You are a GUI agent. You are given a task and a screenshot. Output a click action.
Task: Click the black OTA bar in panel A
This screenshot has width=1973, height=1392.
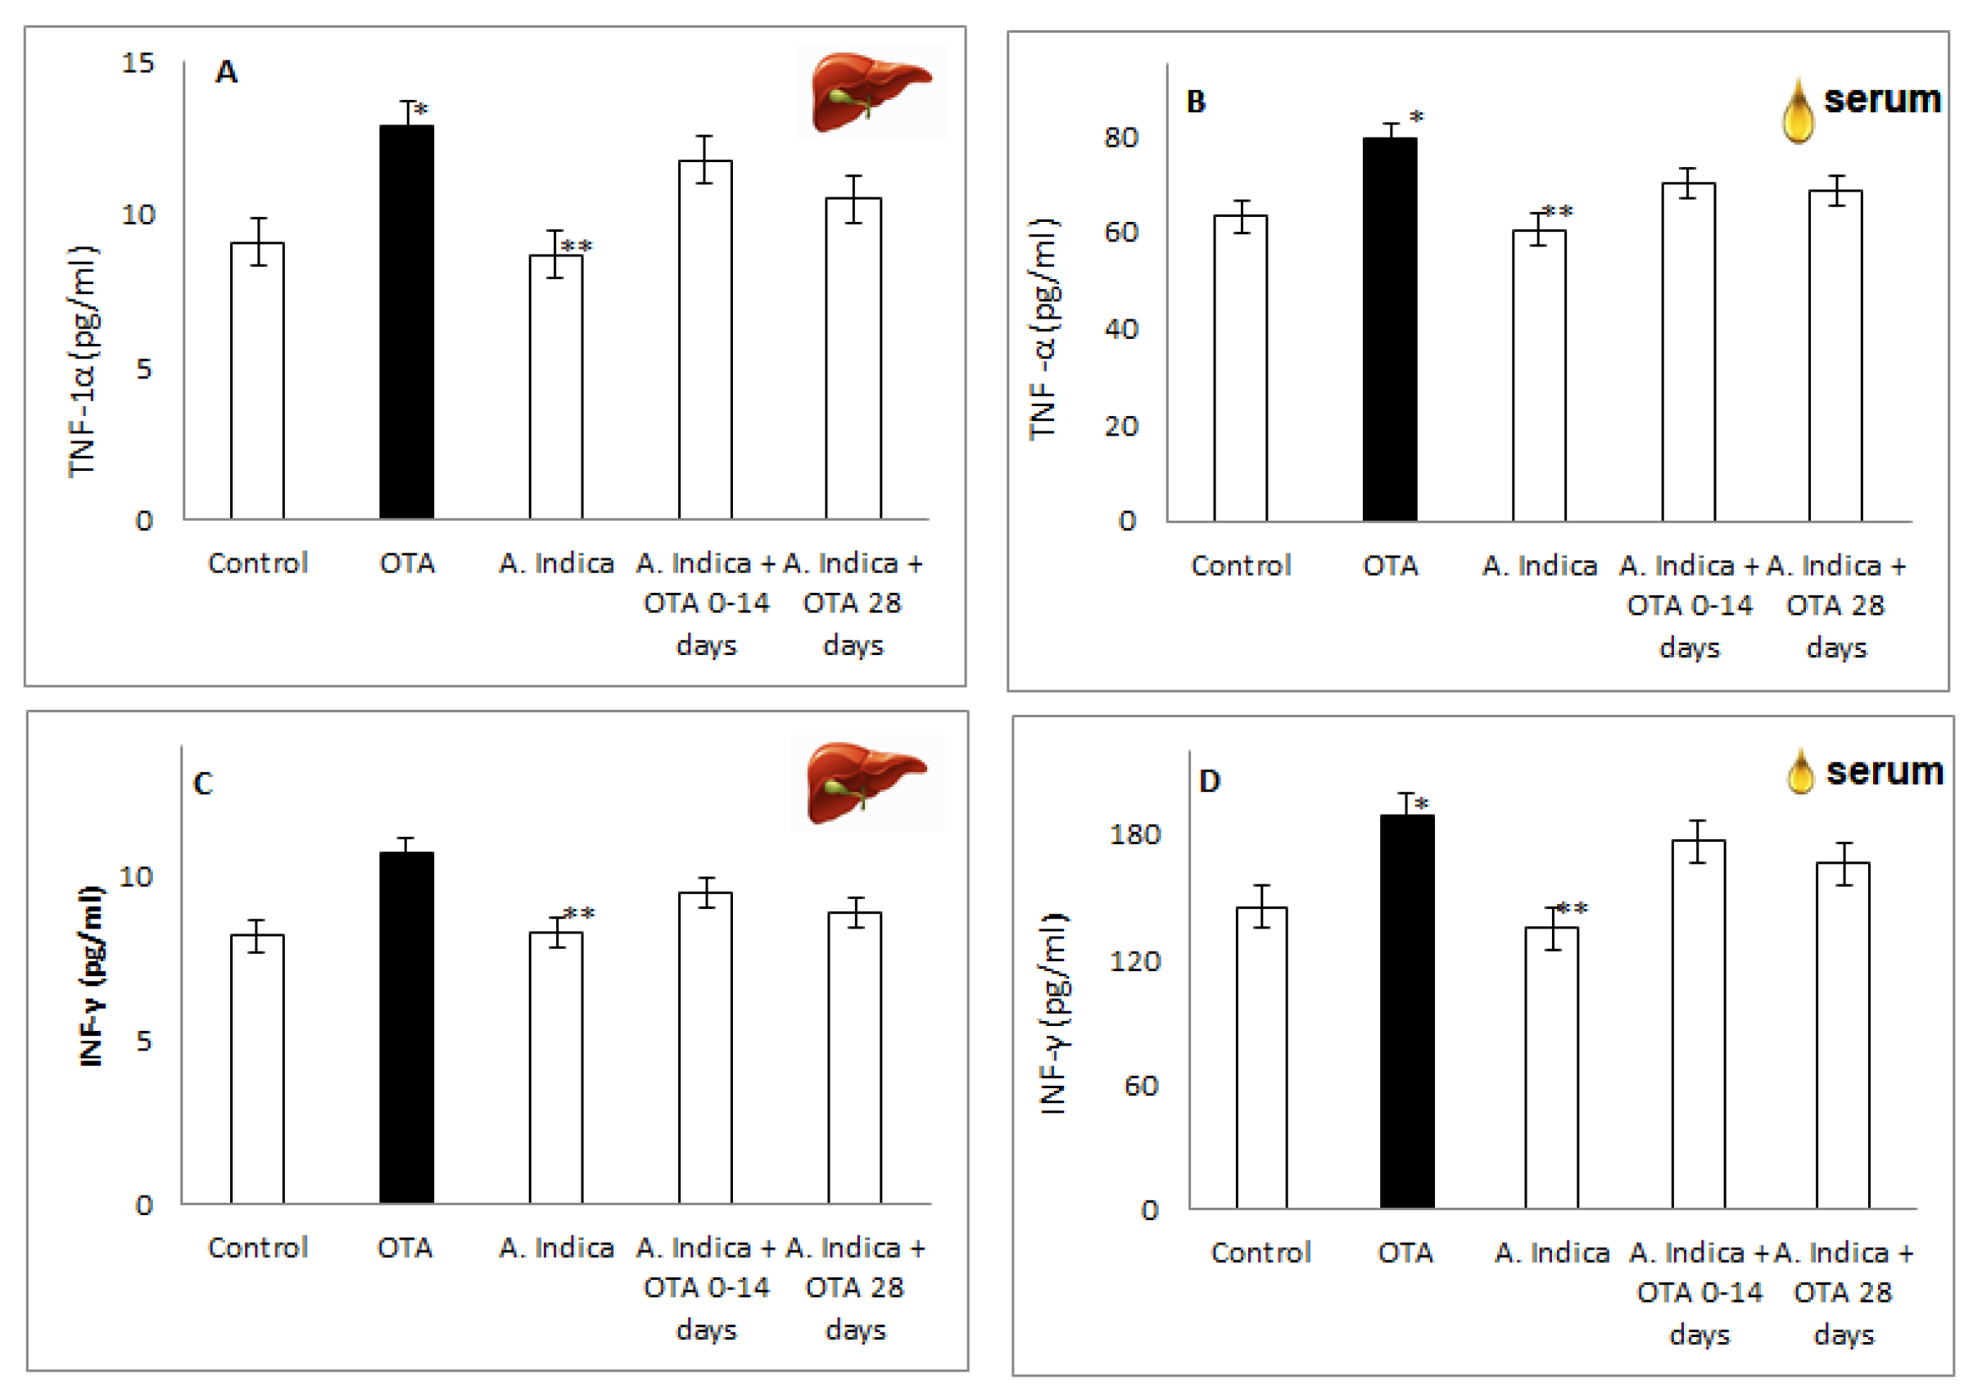[406, 323]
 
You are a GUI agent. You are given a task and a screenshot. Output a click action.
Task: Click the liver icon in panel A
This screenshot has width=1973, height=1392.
[870, 91]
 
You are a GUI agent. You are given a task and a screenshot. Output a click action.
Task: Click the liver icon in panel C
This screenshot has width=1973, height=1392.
[867, 782]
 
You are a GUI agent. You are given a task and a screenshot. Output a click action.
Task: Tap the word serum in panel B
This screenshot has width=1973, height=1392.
[1882, 99]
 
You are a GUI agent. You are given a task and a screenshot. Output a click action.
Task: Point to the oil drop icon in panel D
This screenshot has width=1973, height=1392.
[1799, 771]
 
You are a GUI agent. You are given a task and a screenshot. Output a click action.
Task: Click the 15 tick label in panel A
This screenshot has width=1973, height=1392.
[138, 63]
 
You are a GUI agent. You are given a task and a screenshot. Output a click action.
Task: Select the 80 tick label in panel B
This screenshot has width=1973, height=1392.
[1120, 138]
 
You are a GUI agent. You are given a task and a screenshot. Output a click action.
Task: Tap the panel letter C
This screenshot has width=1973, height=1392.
[203, 784]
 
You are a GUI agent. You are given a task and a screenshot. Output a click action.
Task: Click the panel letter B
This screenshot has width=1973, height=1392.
[1195, 102]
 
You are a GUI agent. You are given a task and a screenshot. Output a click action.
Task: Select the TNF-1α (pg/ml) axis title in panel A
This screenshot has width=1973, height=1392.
[84, 361]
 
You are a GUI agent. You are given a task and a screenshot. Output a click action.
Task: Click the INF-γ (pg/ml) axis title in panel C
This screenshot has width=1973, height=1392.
[90, 975]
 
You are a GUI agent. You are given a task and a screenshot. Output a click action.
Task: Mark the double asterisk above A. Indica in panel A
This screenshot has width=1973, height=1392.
[577, 246]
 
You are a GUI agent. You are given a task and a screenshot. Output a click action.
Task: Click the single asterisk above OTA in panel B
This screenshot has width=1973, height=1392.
[1417, 116]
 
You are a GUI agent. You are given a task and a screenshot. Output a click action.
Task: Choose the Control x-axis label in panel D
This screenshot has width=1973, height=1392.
[1260, 1252]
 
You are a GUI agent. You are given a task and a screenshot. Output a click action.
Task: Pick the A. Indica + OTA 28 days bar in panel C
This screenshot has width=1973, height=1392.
[854, 1057]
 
